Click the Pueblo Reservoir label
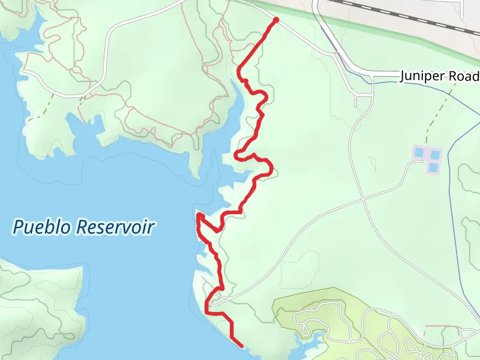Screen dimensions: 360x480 (x=84, y=227)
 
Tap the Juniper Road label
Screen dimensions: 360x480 (x=440, y=76)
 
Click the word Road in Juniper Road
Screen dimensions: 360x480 (x=467, y=76)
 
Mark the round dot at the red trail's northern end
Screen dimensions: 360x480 (x=276, y=20)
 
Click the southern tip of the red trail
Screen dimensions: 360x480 (x=241, y=346)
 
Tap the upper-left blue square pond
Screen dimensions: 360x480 (x=419, y=153)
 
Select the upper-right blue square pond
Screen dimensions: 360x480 (x=434, y=154)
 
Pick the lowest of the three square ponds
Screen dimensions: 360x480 (x=433, y=167)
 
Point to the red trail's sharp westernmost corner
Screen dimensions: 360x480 (x=198, y=214)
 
